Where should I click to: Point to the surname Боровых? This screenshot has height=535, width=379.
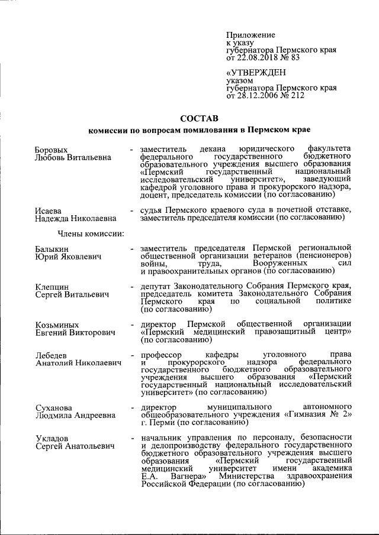click(x=52, y=150)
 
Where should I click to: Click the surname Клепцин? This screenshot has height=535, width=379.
click(x=52, y=286)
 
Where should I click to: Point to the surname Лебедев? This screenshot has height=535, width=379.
click(x=52, y=355)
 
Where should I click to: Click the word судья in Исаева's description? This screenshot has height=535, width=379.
click(x=152, y=210)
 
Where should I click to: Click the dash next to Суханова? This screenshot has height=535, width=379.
click(x=131, y=407)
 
